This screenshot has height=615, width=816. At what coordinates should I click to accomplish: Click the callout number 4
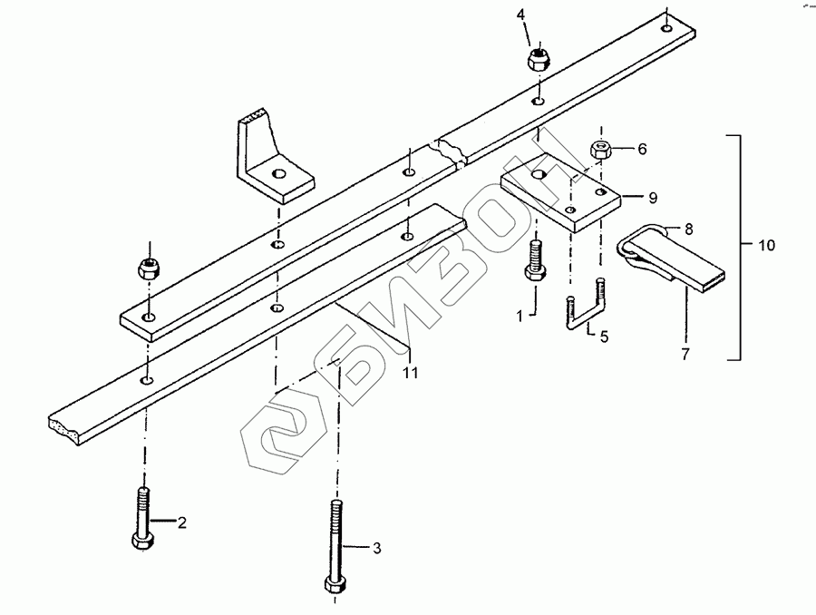(x=521, y=15)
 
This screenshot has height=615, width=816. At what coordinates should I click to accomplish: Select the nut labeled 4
(x=539, y=59)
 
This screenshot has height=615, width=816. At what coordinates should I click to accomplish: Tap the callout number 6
(x=642, y=149)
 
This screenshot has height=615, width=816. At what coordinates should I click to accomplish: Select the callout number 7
(x=685, y=354)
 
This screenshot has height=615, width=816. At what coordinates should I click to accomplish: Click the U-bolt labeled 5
(x=585, y=310)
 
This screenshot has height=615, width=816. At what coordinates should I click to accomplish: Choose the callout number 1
(x=520, y=317)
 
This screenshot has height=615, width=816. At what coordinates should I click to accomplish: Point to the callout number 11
(x=410, y=373)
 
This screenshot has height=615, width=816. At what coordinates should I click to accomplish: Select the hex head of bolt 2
(x=142, y=542)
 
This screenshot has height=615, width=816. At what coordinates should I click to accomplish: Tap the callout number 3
(x=377, y=547)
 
